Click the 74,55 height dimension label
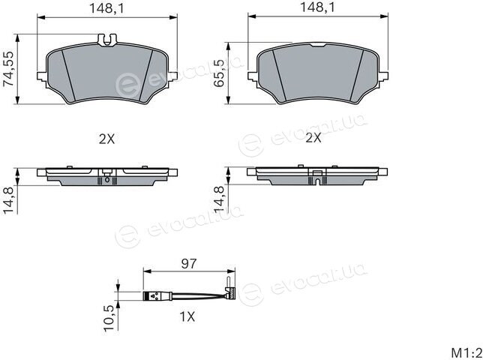(x=9, y=69)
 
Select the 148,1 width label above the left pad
(x=106, y=8)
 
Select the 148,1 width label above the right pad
(x=317, y=7)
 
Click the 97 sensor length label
(x=189, y=263)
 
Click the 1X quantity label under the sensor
(x=187, y=316)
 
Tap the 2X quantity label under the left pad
(x=106, y=139)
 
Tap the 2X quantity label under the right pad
(x=313, y=138)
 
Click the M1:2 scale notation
(x=466, y=352)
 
